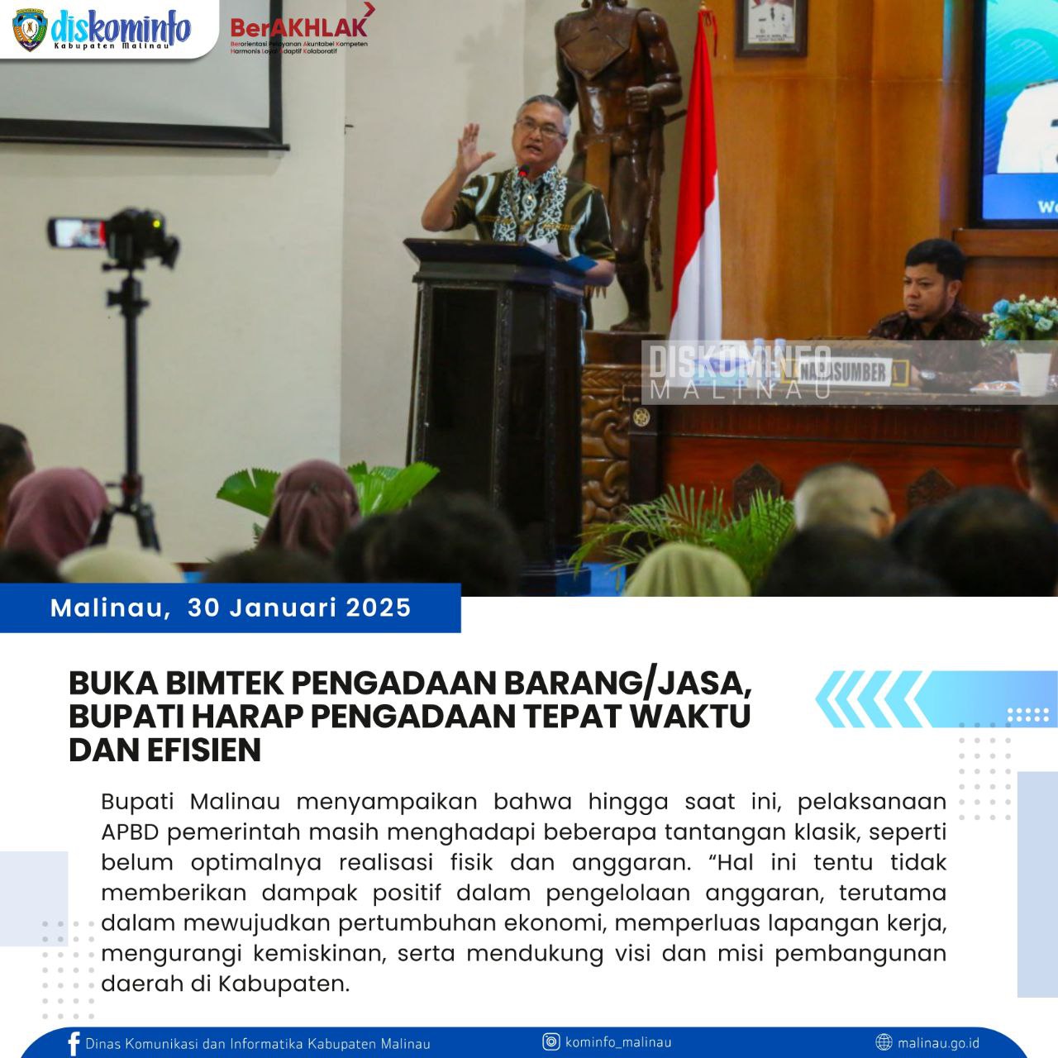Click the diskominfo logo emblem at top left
pyautogui.click(x=31, y=31)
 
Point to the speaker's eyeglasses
pyautogui.click(x=541, y=127)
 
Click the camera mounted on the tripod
pyautogui.click(x=116, y=234)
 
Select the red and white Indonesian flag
pyautogui.click(x=696, y=190)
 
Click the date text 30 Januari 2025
pyautogui.click(x=299, y=608)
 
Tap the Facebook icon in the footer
pyautogui.click(x=74, y=1043)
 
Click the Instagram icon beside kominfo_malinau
pyautogui.click(x=551, y=1041)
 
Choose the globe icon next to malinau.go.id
pyautogui.click(x=884, y=1042)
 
